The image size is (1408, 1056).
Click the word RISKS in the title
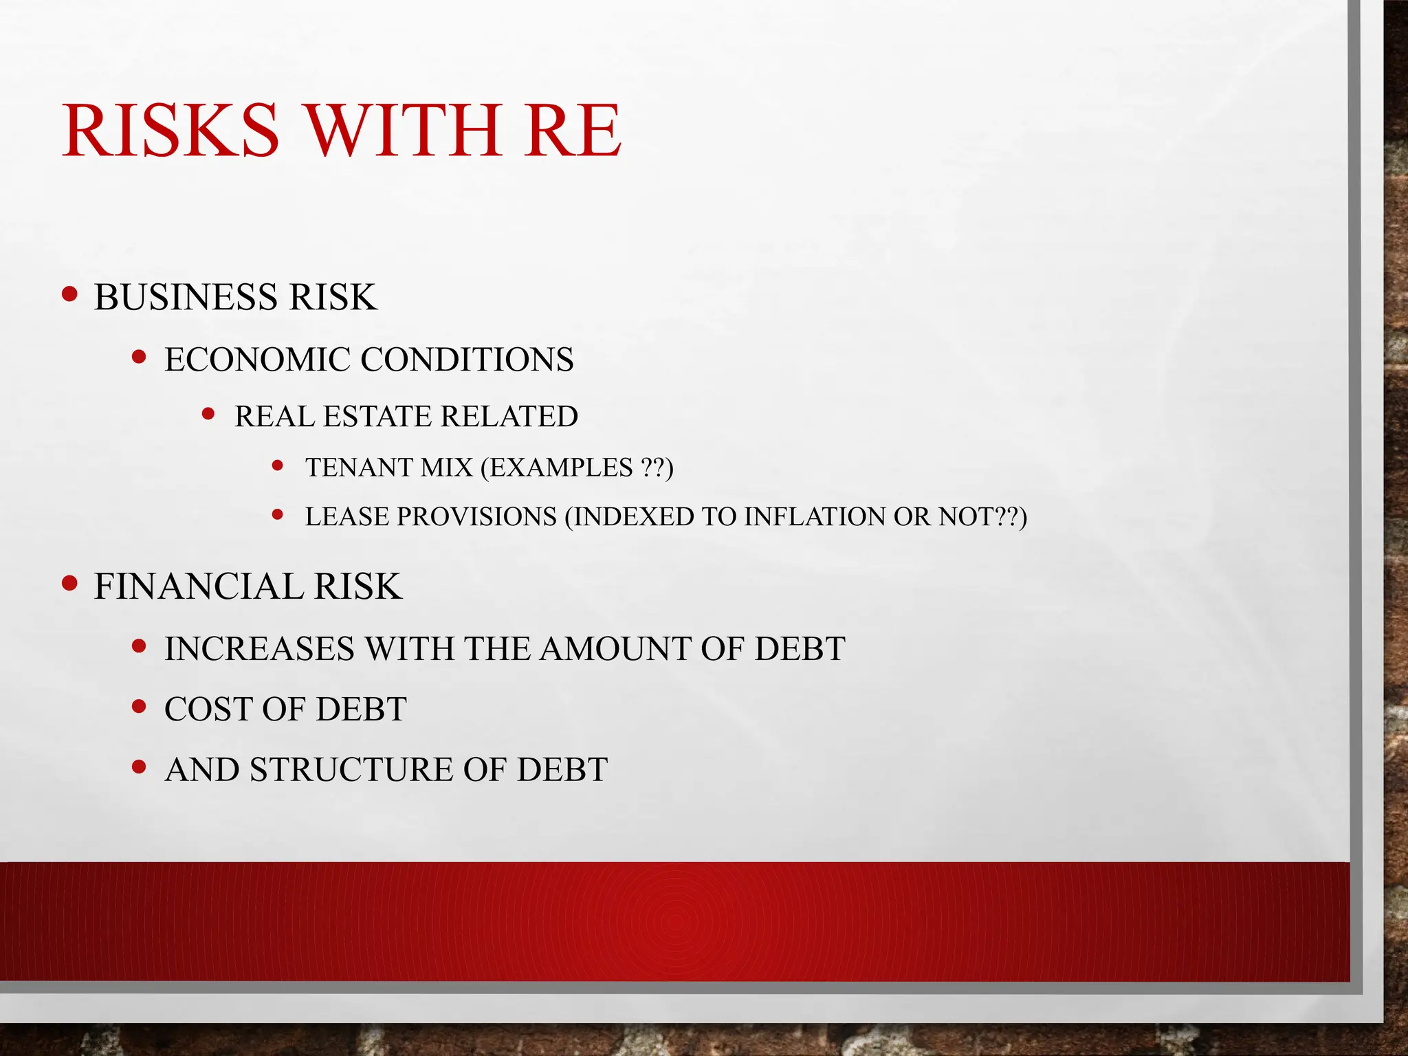point(171,130)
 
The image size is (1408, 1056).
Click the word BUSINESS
point(186,297)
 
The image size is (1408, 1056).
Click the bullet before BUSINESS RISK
point(69,294)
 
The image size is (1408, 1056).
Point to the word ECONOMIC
point(257,360)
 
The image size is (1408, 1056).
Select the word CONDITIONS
point(467,360)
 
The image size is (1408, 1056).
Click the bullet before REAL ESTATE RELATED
point(209,414)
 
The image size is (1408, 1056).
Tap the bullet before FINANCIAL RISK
point(69,584)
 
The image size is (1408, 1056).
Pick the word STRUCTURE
point(351,770)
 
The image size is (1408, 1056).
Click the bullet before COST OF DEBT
point(140,706)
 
